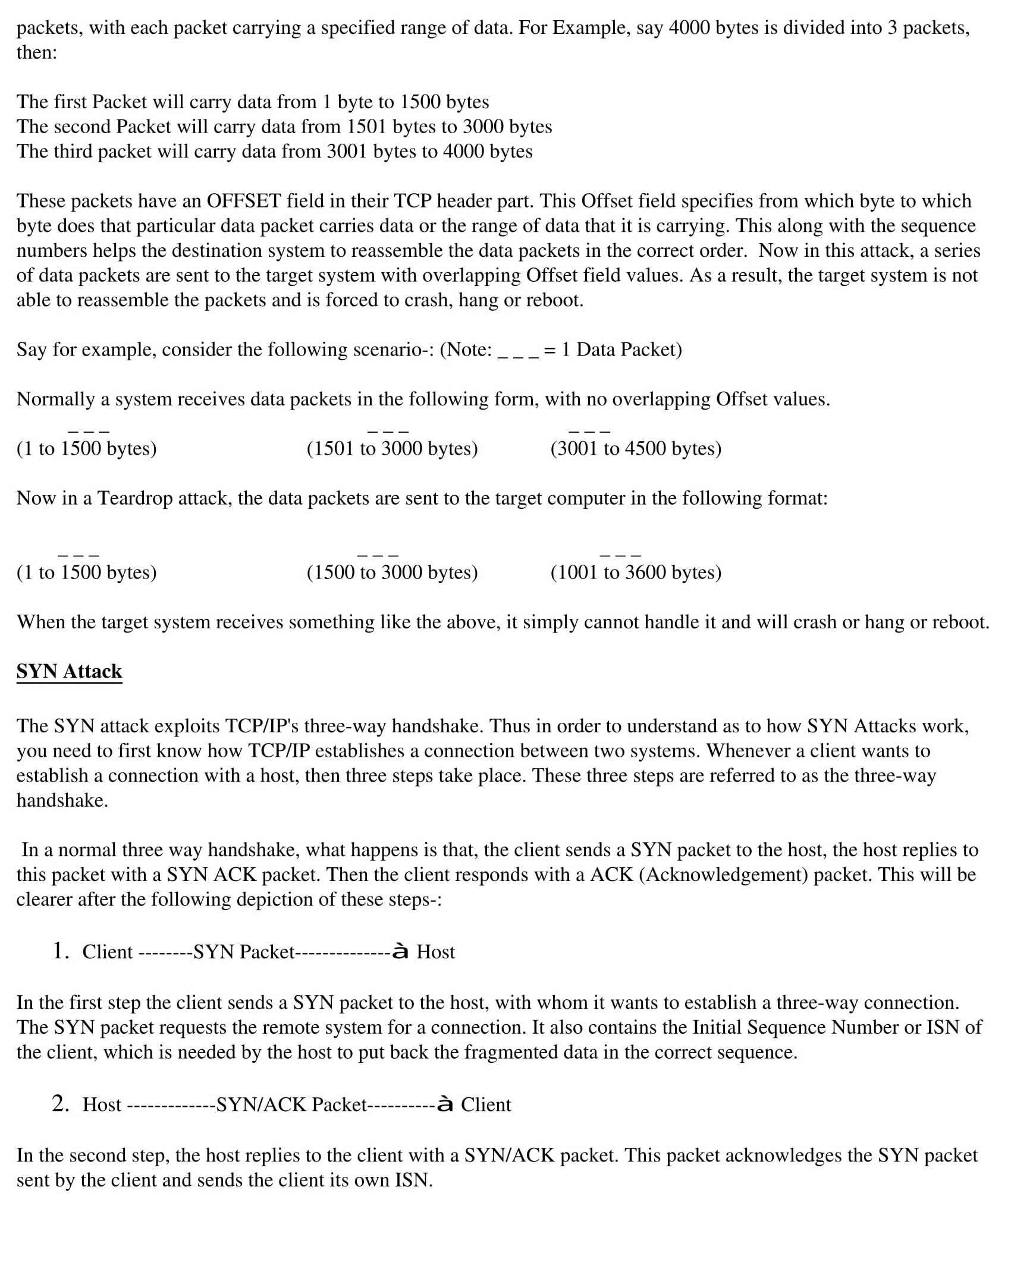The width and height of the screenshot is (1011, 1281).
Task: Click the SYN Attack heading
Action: [69, 671]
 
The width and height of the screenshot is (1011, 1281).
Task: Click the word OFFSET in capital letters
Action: [243, 201]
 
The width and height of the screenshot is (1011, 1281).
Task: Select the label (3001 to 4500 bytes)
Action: [636, 448]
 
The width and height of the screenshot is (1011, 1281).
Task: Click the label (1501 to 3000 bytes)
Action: [392, 448]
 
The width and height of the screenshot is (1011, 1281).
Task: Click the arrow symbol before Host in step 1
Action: [400, 951]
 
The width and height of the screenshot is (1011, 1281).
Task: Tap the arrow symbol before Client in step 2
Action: [445, 1104]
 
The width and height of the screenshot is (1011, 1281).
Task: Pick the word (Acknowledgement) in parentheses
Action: [723, 874]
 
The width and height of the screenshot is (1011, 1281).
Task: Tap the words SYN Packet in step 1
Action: [244, 952]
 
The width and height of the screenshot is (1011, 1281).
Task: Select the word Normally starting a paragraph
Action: [55, 399]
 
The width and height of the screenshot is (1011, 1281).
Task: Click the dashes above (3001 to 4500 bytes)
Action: [589, 431]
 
